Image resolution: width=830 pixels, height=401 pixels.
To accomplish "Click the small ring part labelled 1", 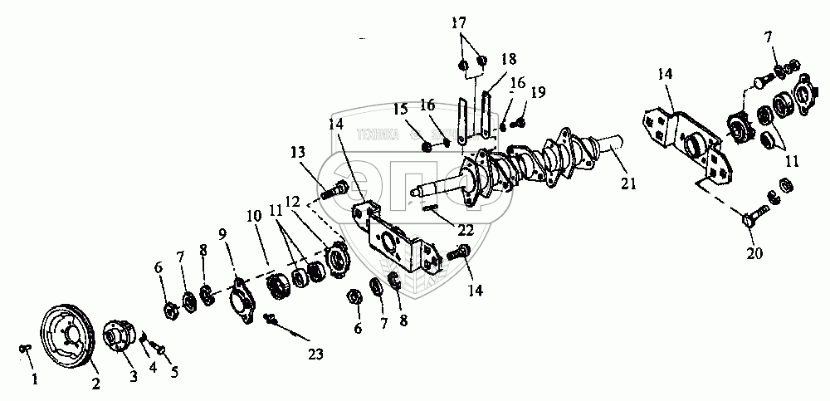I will (x=25, y=348).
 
